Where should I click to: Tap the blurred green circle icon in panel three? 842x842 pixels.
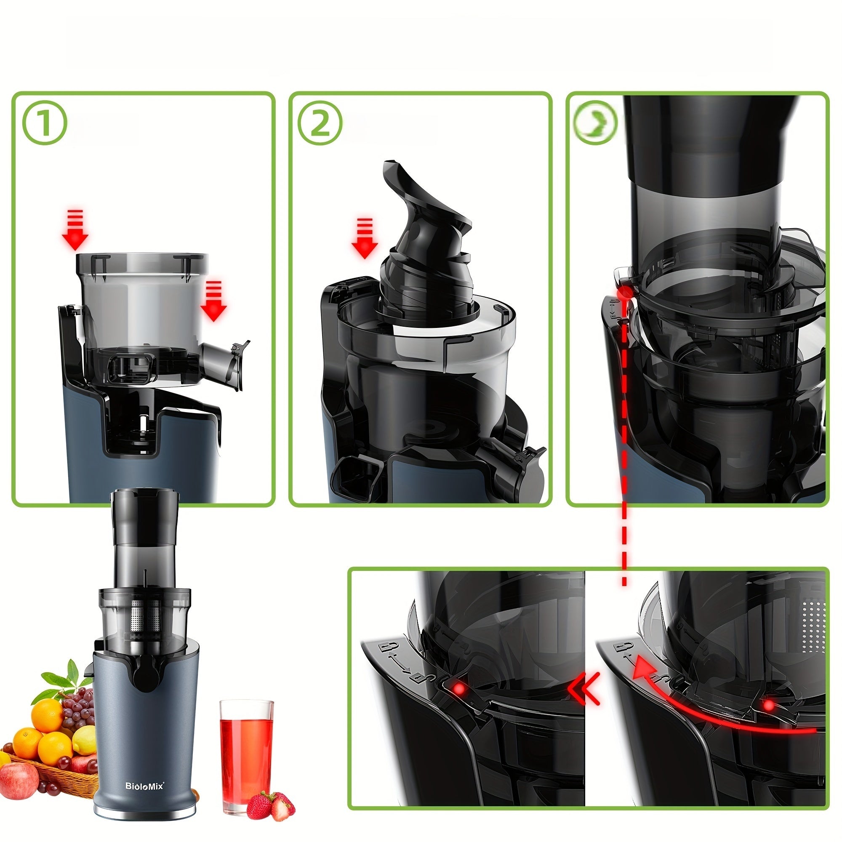pyautogui.click(x=595, y=123)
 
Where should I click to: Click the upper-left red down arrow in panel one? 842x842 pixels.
pyautogui.click(x=75, y=230)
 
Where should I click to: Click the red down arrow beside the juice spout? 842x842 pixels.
pyautogui.click(x=213, y=301)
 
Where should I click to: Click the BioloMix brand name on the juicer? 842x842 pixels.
pyautogui.click(x=145, y=786)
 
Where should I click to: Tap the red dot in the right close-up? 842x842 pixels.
pyautogui.click(x=769, y=705)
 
